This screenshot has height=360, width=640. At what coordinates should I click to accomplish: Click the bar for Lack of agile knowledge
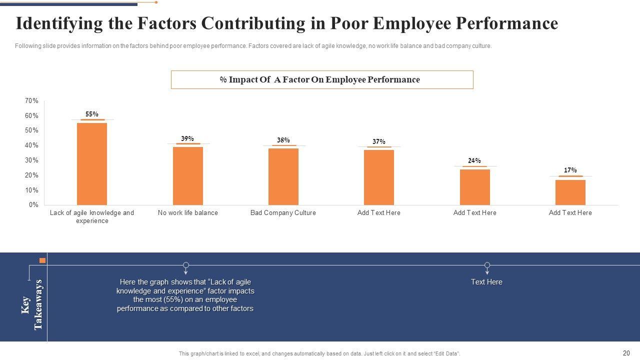pyautogui.click(x=92, y=163)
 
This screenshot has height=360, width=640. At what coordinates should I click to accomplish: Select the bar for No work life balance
pyautogui.click(x=187, y=175)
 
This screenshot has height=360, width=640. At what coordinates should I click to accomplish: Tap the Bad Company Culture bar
pyautogui.click(x=283, y=176)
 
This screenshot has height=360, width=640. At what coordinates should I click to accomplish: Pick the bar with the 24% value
pyautogui.click(x=474, y=187)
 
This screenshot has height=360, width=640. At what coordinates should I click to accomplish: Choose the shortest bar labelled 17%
pyautogui.click(x=570, y=192)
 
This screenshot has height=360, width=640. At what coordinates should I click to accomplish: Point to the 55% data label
pyautogui.click(x=92, y=114)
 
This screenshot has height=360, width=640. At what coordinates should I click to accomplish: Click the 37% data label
pyautogui.click(x=379, y=142)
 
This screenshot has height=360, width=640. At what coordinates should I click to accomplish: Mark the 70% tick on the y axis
pyautogui.click(x=31, y=101)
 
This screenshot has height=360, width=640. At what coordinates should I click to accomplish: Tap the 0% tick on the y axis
pyautogui.click(x=33, y=205)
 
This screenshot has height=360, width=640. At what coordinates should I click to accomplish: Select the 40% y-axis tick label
pyautogui.click(x=31, y=145)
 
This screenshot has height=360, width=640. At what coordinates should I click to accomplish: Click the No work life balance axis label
pyautogui.click(x=187, y=213)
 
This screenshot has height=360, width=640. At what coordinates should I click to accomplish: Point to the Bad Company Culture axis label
pyautogui.click(x=283, y=213)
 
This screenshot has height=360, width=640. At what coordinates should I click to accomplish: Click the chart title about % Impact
pyautogui.click(x=320, y=79)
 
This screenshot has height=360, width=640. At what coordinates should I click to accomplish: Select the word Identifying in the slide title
pyautogui.click(x=56, y=23)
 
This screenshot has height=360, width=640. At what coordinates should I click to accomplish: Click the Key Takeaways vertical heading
pyautogui.click(x=32, y=304)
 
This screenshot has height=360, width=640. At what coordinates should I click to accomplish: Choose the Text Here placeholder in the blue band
pyautogui.click(x=486, y=282)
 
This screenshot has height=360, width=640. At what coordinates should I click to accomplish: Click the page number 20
pyautogui.click(x=626, y=353)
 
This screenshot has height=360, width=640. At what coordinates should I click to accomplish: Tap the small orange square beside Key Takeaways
pyautogui.click(x=42, y=260)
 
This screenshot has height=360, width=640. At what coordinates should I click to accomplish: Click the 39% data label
pyautogui.click(x=187, y=139)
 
